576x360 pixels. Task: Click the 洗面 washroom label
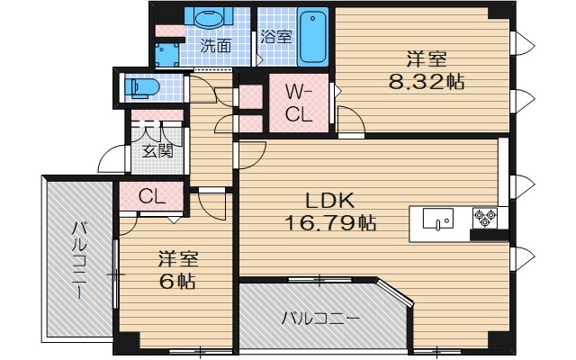pos(216,43)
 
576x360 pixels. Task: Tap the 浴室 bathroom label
pos(275,37)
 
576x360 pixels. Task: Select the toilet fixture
pos(144,87)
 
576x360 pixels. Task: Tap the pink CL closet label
pos(152,195)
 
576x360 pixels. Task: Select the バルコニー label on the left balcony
pos(78,256)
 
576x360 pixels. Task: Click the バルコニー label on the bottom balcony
pos(319,318)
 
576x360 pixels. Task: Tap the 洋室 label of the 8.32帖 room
pos(426,60)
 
